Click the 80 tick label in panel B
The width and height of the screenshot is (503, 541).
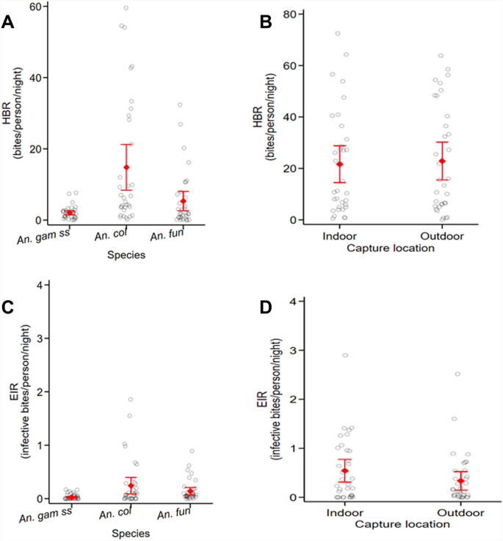tap(289, 14)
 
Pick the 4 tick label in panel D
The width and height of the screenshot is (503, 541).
tap(292, 301)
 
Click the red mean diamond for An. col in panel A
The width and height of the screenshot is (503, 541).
tap(126, 167)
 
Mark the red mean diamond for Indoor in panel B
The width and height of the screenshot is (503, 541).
tap(339, 164)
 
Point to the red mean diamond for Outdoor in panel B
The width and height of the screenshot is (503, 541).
tap(442, 161)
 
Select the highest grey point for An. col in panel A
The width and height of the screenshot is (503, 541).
tap(126, 8)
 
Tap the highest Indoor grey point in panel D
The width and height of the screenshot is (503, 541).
tap(345, 355)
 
